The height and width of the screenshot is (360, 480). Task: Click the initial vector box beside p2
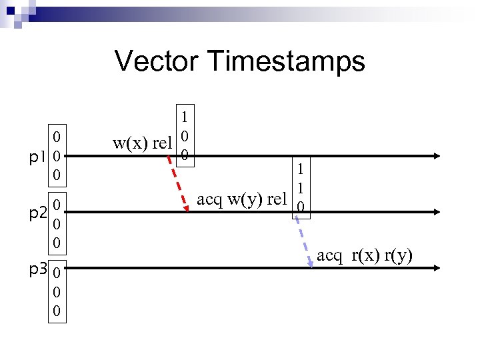pos(59,223)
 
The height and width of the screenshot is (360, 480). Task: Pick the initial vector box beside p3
pos(59,292)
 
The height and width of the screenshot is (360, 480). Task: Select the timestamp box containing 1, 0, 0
pos(185,135)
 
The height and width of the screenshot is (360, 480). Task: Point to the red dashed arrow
pos(178,182)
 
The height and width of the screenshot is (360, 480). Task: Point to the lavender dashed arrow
pos(305,240)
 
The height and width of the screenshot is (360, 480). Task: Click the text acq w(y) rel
pos(243,199)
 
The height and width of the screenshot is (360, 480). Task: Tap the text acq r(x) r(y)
pos(365,255)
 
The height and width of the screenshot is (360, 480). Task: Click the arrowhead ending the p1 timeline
pos(435,156)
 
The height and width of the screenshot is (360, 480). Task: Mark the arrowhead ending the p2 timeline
pos(435,211)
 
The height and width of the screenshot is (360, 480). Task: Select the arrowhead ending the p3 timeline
pos(435,268)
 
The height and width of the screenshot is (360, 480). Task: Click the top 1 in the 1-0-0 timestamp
pos(185,115)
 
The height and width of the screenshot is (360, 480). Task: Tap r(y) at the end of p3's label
pos(397,255)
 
